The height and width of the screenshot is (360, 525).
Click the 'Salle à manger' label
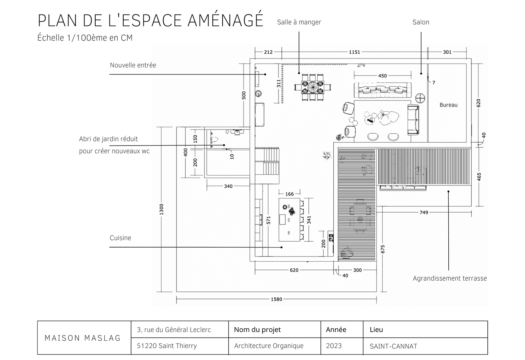point(299,22)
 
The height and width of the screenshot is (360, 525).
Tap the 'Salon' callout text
point(421,22)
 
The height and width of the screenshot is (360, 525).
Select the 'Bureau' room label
point(448,105)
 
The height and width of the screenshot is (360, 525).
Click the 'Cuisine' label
point(120,238)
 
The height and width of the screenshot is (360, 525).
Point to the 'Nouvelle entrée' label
point(133,65)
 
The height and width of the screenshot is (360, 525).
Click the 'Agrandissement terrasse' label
point(449,278)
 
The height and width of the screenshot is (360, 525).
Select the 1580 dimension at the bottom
point(276,299)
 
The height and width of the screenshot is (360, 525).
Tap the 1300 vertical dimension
point(161,210)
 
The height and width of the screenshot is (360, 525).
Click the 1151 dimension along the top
point(354,52)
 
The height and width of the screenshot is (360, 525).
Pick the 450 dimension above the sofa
point(382,76)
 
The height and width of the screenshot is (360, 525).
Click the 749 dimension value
point(424,213)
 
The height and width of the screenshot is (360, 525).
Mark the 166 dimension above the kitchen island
point(289,194)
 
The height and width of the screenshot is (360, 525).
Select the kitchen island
point(289,219)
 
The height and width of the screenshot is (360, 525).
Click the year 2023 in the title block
point(334,346)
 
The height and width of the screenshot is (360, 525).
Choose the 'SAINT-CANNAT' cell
point(393,346)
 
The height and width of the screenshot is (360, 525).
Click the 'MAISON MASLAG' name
point(83,338)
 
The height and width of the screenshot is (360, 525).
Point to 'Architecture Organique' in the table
point(268,346)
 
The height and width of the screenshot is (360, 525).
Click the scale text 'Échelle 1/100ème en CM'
point(85,38)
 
